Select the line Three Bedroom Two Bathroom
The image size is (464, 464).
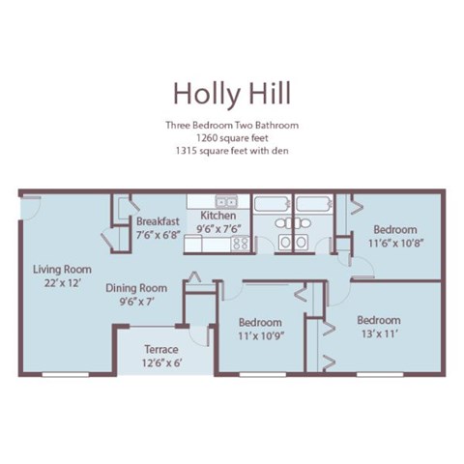coord(231,126)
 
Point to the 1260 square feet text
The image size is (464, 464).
coord(231,138)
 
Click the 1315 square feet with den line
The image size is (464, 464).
coord(231,151)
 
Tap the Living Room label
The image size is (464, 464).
coord(62,269)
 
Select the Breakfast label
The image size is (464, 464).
coord(158,220)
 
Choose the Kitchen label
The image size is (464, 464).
coord(217,216)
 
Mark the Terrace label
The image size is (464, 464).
coord(160,349)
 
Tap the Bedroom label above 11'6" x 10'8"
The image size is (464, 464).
coord(395,229)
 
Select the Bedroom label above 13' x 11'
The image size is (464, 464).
coord(379,320)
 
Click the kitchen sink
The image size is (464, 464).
coord(226,202)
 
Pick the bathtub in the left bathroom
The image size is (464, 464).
coord(272,204)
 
